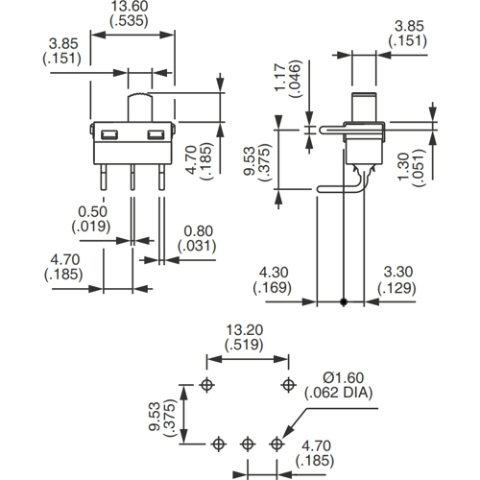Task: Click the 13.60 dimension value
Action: (x=130, y=6)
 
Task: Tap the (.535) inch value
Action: (x=130, y=21)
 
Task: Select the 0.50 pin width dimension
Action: (x=92, y=211)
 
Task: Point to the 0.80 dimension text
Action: (x=199, y=231)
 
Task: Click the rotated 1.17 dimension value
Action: (x=280, y=78)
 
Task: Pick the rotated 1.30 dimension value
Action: (x=404, y=166)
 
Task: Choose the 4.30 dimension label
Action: (x=274, y=273)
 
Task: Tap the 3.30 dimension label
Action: (x=398, y=272)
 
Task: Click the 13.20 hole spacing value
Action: (x=245, y=330)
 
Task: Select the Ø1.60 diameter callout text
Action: (x=344, y=378)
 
